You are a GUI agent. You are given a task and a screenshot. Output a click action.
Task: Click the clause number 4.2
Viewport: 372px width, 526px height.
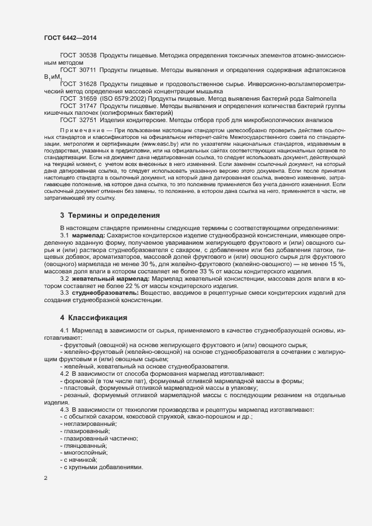tap(64, 374)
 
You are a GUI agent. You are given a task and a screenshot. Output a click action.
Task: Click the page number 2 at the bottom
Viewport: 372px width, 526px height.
tap(46, 478)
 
